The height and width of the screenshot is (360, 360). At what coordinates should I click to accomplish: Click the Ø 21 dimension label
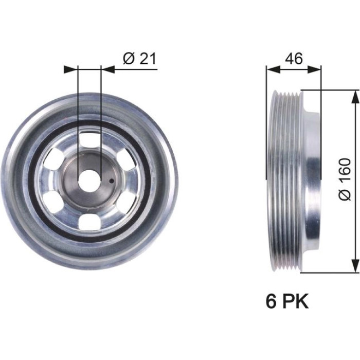[139, 58]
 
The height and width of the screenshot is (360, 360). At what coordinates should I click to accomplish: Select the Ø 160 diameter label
[345, 179]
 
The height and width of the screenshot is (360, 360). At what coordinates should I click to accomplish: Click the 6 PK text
[287, 301]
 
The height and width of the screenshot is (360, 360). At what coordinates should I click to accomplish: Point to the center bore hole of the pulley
[89, 180]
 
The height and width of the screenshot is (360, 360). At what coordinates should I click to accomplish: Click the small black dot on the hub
[112, 181]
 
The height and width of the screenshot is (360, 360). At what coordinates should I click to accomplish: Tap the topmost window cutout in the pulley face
[90, 139]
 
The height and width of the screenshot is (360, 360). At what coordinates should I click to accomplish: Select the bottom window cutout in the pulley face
[89, 222]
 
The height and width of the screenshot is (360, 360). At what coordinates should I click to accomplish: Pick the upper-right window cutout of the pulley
[126, 159]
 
